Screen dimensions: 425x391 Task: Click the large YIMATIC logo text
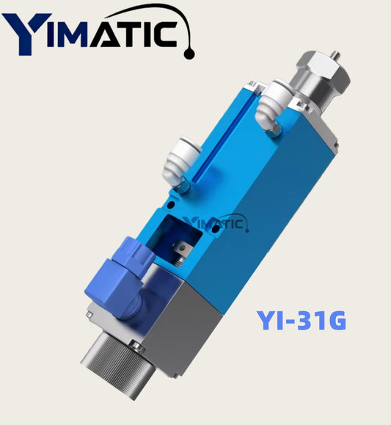click(92, 33)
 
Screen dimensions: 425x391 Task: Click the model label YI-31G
click(302, 320)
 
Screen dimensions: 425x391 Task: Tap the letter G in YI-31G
click(334, 320)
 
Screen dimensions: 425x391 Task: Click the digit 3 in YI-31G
click(303, 320)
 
